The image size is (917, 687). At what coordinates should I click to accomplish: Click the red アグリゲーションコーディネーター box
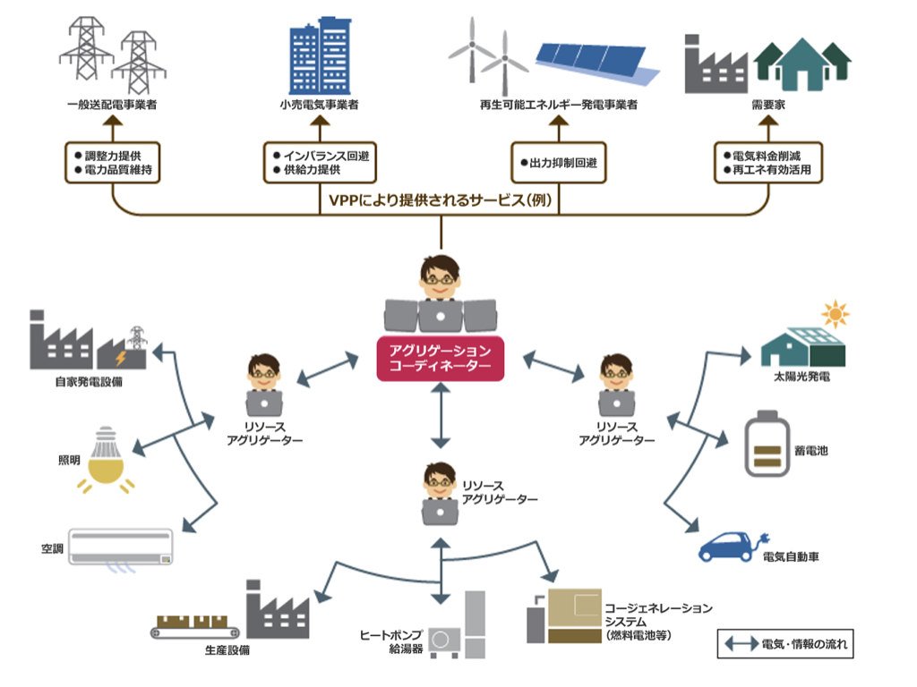coord(441,358)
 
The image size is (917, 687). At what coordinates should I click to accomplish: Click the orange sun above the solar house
coord(835,316)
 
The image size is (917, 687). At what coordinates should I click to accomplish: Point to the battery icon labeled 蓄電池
coord(765,444)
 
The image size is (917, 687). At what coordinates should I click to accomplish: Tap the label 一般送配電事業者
coord(112,106)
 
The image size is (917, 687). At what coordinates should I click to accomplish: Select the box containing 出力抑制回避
coord(558,163)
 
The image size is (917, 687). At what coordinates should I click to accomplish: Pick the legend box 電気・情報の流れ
coord(785,644)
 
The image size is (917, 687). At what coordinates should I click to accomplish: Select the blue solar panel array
coord(598,59)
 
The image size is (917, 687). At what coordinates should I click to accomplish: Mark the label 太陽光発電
coord(801,377)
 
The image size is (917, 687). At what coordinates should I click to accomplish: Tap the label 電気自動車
coord(791,557)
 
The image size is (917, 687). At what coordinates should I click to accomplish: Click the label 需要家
coord(767,106)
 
